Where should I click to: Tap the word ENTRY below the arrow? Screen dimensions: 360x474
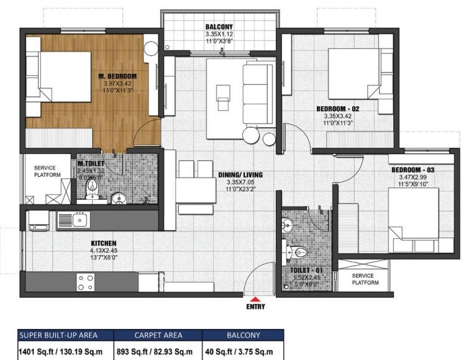pos(255,307)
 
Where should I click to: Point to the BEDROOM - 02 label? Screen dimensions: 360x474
pos(337,109)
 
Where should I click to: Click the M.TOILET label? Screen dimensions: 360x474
pos(91,163)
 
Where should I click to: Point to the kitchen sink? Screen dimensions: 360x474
pos(79,219)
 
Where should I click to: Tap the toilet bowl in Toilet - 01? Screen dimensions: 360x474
pos(299,252)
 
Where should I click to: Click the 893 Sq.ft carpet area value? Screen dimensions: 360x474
pos(158,351)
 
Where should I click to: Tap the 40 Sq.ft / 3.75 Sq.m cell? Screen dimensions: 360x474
pos(244,351)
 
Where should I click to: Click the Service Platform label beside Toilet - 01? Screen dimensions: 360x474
pos(366,279)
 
